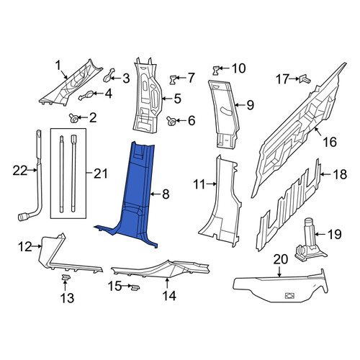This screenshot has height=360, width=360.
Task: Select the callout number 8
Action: pyautogui.click(x=166, y=194)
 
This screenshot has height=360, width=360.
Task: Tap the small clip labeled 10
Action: pyautogui.click(x=216, y=70)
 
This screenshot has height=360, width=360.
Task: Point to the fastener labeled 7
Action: pyautogui.click(x=173, y=79)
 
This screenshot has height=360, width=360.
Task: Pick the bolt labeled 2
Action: pyautogui.click(x=73, y=118)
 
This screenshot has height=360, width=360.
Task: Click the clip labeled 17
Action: pyautogui.click(x=305, y=78)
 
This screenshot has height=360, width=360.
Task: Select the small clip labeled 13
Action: pyautogui.click(x=66, y=277)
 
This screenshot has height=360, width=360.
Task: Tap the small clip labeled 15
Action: pyautogui.click(x=135, y=287)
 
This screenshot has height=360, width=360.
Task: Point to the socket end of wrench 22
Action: pyautogui.click(x=23, y=217)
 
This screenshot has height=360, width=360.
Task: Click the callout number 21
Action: pyautogui.click(x=100, y=174)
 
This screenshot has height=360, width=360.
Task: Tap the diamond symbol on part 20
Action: pyautogui.click(x=290, y=296)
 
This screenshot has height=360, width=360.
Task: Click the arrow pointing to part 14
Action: pyautogui.click(x=167, y=283)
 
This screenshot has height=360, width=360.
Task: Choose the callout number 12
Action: pyautogui.click(x=25, y=246)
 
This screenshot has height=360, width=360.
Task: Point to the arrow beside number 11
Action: pyautogui.click(x=211, y=184)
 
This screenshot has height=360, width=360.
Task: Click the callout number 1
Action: pyautogui.click(x=58, y=65)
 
